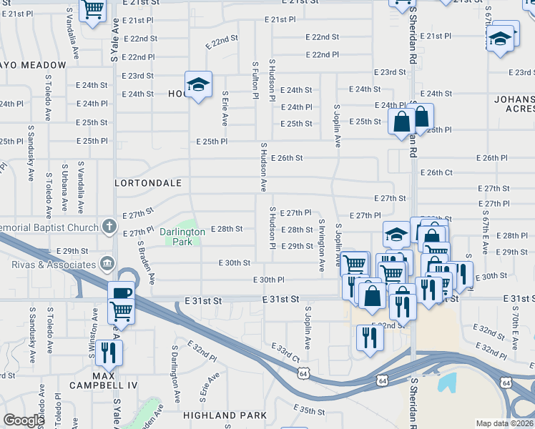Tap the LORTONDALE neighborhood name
click(148, 183)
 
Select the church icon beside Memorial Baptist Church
click(109, 227)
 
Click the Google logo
click(23, 420)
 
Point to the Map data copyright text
click(504, 423)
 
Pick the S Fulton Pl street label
click(255, 79)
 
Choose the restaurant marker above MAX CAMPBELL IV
click(109, 352)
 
